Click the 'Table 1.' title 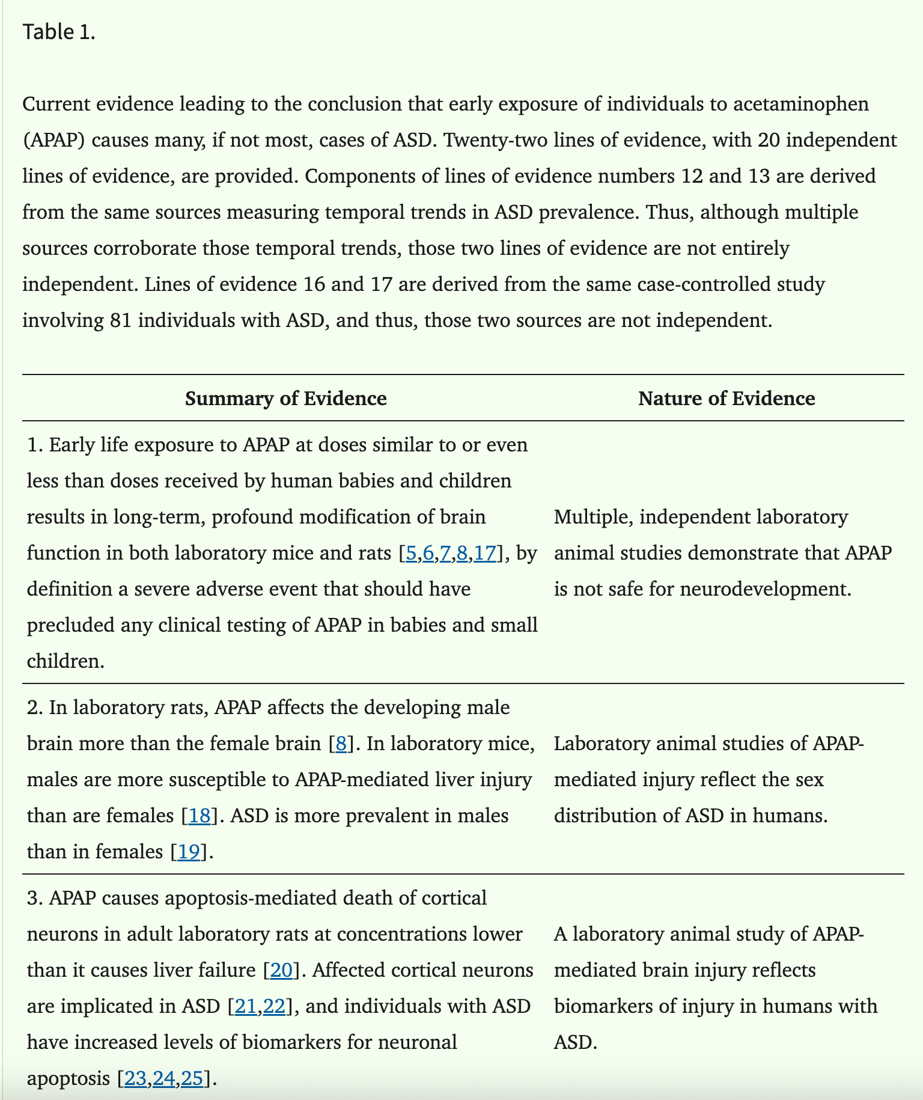click(x=59, y=32)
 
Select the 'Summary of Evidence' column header click(x=285, y=399)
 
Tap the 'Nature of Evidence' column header click(x=727, y=399)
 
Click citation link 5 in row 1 click(x=411, y=553)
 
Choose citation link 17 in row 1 click(x=485, y=553)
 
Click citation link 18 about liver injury click(x=200, y=816)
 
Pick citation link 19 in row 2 click(x=189, y=852)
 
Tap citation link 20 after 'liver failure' click(x=281, y=970)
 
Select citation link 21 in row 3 click(x=245, y=1006)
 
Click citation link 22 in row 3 click(x=274, y=1006)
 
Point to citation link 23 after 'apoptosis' click(x=135, y=1078)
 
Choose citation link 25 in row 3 click(x=192, y=1078)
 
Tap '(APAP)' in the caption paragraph click(x=54, y=140)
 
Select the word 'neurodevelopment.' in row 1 click(x=766, y=589)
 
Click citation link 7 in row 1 click(x=445, y=553)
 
